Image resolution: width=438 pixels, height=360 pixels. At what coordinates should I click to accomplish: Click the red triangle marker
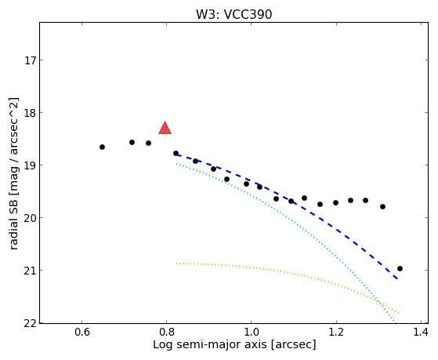click(x=165, y=128)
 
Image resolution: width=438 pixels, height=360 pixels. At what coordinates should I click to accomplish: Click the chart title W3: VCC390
click(x=233, y=15)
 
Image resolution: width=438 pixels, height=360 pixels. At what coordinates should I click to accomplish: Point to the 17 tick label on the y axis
click(x=30, y=60)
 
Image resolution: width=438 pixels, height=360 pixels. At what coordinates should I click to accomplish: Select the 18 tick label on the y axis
click(x=30, y=113)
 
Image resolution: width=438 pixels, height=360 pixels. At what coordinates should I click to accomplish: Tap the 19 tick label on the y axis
click(x=30, y=165)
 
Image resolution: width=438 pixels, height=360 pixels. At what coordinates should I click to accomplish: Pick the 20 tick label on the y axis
click(x=30, y=218)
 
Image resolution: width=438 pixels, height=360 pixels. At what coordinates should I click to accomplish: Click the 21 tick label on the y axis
click(x=30, y=271)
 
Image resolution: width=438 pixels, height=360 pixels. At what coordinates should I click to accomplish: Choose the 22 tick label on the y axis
click(x=30, y=323)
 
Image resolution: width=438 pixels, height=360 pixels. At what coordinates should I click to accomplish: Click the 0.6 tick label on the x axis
click(x=81, y=332)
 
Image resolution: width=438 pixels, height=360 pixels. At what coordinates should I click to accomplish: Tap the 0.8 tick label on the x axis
click(x=166, y=332)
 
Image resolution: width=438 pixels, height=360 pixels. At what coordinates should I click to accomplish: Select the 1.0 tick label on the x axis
click(x=251, y=332)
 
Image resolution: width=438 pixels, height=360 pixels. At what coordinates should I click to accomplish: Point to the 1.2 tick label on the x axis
click(x=336, y=332)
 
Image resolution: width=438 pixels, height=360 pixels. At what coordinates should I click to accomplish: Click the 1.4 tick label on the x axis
click(x=421, y=332)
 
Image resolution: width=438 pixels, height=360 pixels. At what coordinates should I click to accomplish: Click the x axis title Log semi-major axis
click(x=210, y=344)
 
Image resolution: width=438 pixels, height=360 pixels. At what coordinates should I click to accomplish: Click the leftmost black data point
click(x=102, y=147)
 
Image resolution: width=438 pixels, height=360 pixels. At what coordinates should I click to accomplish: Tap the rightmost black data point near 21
click(x=400, y=268)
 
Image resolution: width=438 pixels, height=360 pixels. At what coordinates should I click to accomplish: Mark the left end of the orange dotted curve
click(x=176, y=264)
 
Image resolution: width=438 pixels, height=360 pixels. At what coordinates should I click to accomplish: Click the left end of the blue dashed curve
click(x=176, y=155)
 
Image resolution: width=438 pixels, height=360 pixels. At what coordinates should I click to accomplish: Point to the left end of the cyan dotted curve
click(x=176, y=164)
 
